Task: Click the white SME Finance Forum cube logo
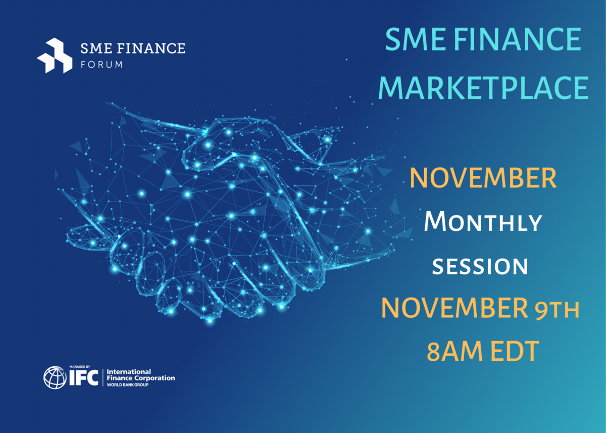(x=55, y=56)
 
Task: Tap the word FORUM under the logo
(x=102, y=65)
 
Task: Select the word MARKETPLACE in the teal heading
(x=483, y=88)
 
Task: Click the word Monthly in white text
(x=483, y=222)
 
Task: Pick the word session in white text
(x=480, y=266)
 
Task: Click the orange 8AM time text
(x=454, y=351)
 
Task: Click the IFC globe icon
(x=55, y=377)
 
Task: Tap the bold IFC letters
(x=84, y=377)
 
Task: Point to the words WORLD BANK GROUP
(x=127, y=385)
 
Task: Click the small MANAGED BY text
(x=80, y=367)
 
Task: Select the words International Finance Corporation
(x=141, y=375)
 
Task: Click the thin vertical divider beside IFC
(x=103, y=377)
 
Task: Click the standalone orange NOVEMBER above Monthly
(x=483, y=178)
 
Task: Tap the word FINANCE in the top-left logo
(x=151, y=48)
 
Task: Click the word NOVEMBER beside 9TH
(x=454, y=308)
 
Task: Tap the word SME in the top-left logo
(x=96, y=48)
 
